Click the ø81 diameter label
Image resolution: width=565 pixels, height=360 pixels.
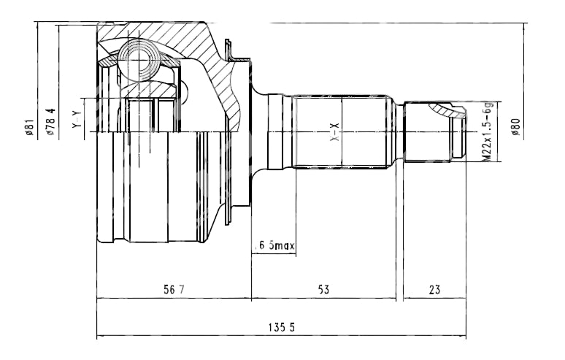click(x=29, y=127)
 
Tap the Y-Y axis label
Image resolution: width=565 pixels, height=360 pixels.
click(x=77, y=119)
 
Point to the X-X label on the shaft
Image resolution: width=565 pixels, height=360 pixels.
click(x=335, y=132)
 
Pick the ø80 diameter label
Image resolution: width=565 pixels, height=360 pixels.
click(x=515, y=127)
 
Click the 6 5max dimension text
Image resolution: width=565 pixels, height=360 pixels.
click(x=274, y=246)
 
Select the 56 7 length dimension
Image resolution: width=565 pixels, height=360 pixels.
click(x=174, y=289)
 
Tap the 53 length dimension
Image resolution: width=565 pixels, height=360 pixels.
click(x=323, y=289)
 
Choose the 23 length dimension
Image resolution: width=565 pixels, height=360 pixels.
click(x=434, y=289)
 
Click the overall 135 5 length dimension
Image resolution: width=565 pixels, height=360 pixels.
click(x=282, y=328)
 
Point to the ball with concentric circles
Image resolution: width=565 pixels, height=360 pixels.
click(x=139, y=61)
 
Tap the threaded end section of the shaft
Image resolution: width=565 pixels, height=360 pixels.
click(x=435, y=132)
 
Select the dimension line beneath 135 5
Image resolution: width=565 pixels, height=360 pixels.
click(x=282, y=336)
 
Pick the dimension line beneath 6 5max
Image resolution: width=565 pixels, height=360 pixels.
click(x=274, y=253)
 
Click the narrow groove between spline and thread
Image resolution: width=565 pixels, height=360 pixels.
click(x=399, y=132)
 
